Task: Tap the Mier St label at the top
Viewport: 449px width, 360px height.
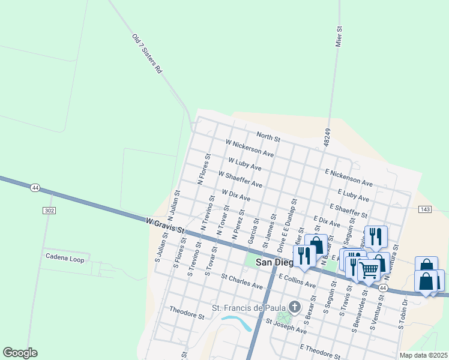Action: click(339, 36)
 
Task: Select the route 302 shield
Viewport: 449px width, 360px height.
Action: click(49, 211)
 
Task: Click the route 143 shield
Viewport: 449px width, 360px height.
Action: click(425, 208)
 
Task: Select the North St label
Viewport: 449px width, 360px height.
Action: click(268, 137)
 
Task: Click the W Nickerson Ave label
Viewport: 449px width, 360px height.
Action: click(250, 149)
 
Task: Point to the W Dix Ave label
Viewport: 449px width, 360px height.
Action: click(236, 195)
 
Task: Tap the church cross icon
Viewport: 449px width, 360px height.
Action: click(294, 307)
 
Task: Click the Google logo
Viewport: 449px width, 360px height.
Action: click(20, 353)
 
